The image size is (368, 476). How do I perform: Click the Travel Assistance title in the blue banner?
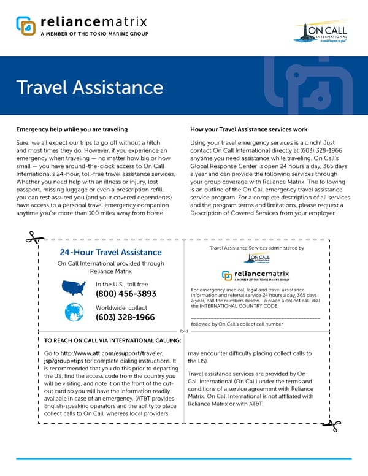coord(90,86)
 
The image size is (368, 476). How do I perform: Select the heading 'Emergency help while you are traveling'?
coord(72,130)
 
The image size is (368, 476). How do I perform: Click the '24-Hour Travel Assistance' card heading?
coord(111,252)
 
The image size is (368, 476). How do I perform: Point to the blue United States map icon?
coord(75,288)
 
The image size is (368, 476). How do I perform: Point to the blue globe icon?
coord(75,312)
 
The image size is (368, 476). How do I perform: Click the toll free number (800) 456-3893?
coord(126,294)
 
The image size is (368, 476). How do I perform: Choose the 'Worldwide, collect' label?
coord(121,307)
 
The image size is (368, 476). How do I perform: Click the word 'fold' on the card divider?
coord(184,331)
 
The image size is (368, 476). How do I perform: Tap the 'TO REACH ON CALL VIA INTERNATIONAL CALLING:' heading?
coord(112,340)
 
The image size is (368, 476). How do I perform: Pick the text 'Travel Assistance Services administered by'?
coord(257,248)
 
